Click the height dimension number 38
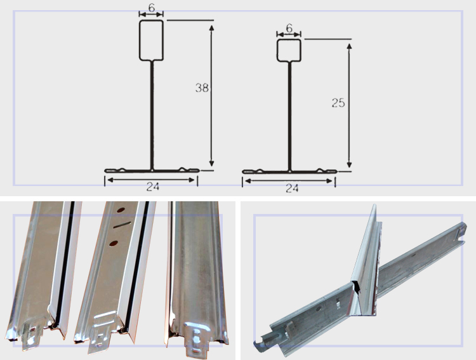pyautogui.click(x=202, y=88)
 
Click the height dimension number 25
pyautogui.click(x=338, y=103)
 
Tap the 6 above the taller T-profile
pyautogui.click(x=151, y=8)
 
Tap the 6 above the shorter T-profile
pyautogui.click(x=289, y=28)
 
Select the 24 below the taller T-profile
pyautogui.click(x=153, y=187)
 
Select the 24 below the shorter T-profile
pyautogui.click(x=292, y=189)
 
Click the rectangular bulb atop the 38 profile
pyautogui.click(x=151, y=41)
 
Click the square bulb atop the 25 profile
pyautogui.click(x=289, y=50)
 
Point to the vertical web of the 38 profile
pyautogui.click(x=152, y=115)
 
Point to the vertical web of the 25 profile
pyautogui.click(x=289, y=116)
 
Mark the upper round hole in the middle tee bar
pyautogui.click(x=121, y=210)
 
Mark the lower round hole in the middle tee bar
pyautogui.click(x=114, y=243)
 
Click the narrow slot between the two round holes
pyautogui.click(x=122, y=225)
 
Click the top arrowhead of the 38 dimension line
pyautogui.click(x=211, y=28)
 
